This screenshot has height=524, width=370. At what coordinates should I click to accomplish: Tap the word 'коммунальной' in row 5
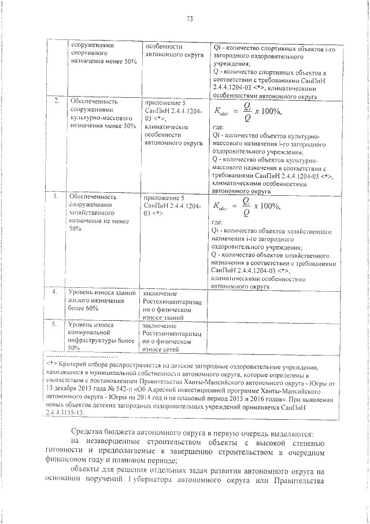pos(88,333)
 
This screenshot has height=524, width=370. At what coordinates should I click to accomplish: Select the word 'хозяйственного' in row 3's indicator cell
pos(92,213)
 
